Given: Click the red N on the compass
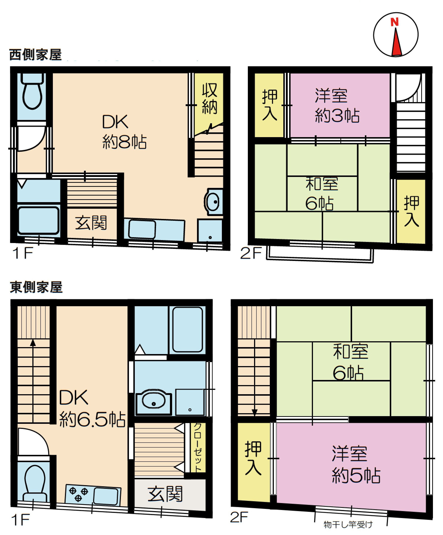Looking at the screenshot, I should pyautogui.click(x=395, y=22).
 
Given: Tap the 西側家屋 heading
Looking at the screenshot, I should pyautogui.click(x=35, y=55).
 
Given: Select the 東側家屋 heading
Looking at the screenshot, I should pyautogui.click(x=36, y=287).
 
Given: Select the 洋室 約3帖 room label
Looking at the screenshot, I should pyautogui.click(x=337, y=106).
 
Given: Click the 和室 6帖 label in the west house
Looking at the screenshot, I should pyautogui.click(x=322, y=194).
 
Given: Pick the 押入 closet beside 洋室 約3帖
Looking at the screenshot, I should pyautogui.click(x=269, y=105).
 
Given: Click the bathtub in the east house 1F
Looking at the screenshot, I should pyautogui.click(x=187, y=329).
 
